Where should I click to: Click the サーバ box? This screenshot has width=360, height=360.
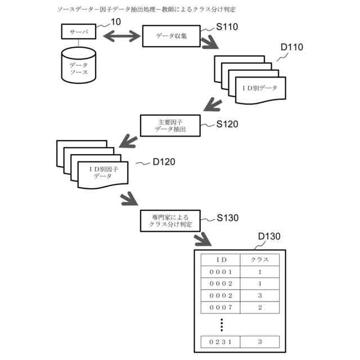(79, 31)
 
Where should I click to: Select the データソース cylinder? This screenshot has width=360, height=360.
(79, 66)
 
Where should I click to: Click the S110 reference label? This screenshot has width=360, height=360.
(227, 26)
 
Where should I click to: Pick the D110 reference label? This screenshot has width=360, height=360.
(291, 47)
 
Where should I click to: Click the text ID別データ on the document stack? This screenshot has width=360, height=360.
(260, 88)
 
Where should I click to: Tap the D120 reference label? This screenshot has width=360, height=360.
(164, 162)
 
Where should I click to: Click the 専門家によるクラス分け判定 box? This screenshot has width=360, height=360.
(170, 220)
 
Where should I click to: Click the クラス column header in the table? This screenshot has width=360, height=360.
(260, 260)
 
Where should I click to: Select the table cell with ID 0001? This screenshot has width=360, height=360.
(220, 272)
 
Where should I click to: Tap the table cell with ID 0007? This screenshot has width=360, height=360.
(220, 308)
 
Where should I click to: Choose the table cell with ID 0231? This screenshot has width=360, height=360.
(220, 341)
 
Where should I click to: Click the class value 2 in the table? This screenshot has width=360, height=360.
(260, 308)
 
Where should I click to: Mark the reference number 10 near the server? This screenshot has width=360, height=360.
(116, 21)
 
